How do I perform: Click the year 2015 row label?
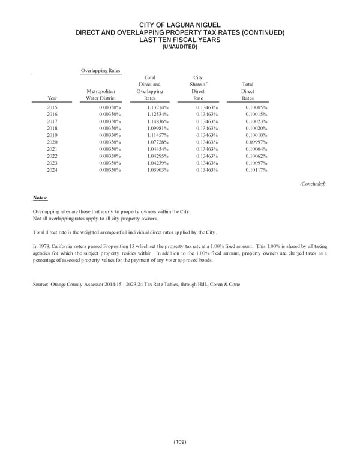(x=52, y=106)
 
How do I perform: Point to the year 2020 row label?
(x=52, y=142)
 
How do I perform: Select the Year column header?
(x=52, y=98)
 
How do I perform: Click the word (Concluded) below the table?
(x=312, y=184)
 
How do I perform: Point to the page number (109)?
(x=180, y=442)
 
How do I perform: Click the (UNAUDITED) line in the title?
(x=180, y=46)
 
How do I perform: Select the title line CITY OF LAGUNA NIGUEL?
(x=180, y=25)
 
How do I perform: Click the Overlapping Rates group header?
(x=100, y=71)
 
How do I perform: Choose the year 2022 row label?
(x=52, y=156)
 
